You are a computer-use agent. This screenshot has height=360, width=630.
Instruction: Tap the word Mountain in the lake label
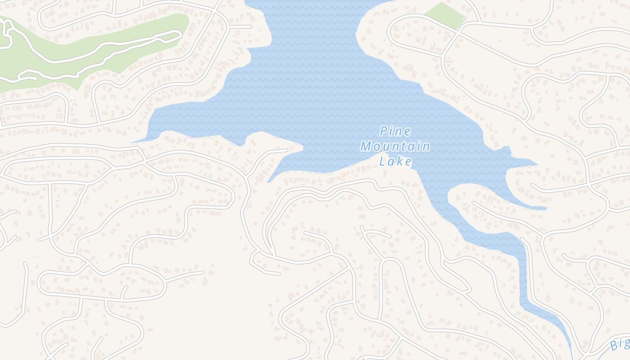click(395, 146)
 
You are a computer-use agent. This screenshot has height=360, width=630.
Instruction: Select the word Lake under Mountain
click(396, 161)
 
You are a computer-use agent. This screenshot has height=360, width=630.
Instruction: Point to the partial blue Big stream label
click(620, 344)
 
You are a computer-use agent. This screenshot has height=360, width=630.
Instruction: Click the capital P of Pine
click(384, 131)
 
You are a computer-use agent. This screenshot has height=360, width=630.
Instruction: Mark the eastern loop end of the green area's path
click(179, 34)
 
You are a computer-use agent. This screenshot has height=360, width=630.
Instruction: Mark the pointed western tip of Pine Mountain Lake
click(133, 142)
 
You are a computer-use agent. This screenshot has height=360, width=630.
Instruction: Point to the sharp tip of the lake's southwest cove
click(269, 182)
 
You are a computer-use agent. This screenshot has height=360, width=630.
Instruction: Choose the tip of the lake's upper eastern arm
click(537, 165)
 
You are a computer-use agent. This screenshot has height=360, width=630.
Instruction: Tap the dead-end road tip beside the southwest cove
click(287, 150)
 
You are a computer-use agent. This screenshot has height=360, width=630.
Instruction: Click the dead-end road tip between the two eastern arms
click(532, 184)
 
